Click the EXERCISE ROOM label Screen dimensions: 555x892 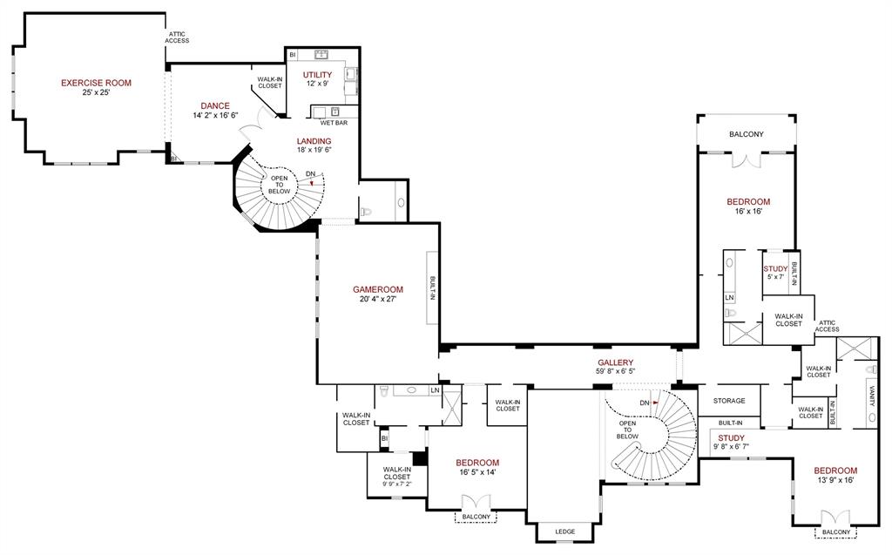(96, 83)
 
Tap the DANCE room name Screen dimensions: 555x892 (214, 105)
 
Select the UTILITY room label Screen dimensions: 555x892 (317, 75)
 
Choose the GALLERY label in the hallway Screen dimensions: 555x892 (615, 362)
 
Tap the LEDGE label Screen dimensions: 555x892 (564, 531)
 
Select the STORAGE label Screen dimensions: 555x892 (729, 401)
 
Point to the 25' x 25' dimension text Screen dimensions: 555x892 (96, 92)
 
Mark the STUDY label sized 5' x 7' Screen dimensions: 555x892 (775, 268)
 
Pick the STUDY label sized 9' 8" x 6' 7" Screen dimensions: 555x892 (731, 437)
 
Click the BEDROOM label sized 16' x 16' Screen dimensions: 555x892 (748, 201)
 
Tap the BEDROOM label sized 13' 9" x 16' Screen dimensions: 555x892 (835, 470)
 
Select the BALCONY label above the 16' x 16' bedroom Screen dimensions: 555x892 (746, 134)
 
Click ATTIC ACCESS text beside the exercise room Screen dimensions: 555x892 (178, 37)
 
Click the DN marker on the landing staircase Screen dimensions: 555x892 (310, 173)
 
